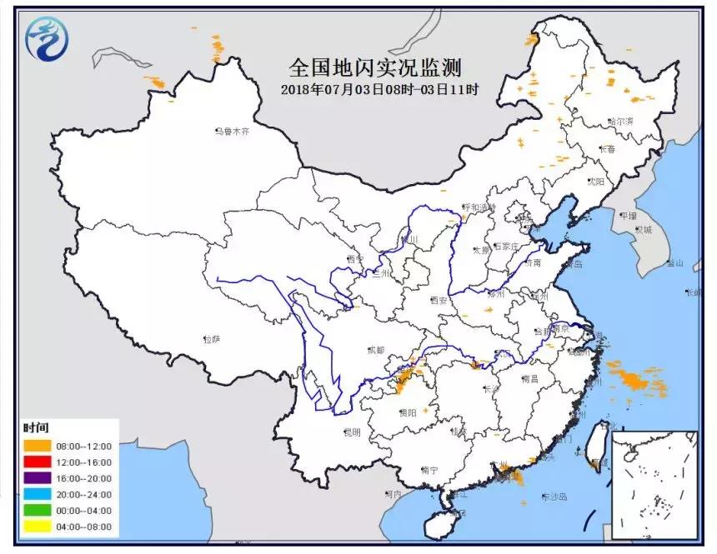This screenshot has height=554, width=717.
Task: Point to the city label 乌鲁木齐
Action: [232, 132]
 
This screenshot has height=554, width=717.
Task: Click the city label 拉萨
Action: [212, 339]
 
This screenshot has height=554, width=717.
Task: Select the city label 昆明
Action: [352, 432]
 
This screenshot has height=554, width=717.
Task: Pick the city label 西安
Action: [440, 300]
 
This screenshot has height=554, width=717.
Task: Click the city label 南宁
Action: [430, 470]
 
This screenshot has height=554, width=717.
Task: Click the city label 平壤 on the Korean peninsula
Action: [627, 214]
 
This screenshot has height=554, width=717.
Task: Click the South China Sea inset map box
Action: [654, 485]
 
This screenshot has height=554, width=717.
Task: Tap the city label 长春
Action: [607, 148]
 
